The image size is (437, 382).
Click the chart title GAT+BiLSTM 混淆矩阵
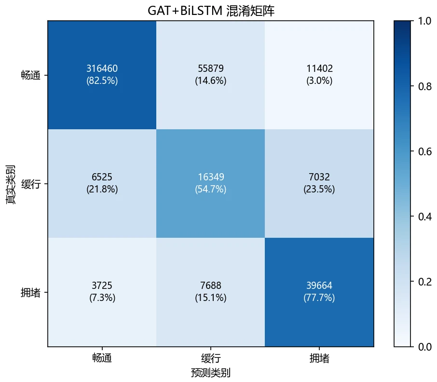pos(211,11)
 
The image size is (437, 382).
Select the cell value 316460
pos(102,68)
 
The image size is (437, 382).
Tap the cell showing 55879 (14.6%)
pos(211,74)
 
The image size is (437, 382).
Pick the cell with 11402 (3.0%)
pos(319,74)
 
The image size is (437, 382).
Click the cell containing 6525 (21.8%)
pos(102,183)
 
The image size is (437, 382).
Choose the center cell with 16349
pos(211,177)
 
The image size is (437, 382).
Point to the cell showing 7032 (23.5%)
pos(319,183)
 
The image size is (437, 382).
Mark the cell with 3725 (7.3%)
pos(102,291)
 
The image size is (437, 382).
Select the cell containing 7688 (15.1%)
pos(211,291)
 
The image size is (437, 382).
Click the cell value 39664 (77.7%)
pos(319,291)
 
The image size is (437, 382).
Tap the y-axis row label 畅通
pos(31,75)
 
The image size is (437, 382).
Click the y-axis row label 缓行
pos(31,184)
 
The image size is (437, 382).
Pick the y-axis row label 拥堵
pos(31,292)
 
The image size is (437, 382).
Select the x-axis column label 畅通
pos(102,358)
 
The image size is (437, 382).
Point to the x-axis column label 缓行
pos(211,358)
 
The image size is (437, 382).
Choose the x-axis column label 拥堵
pos(319,358)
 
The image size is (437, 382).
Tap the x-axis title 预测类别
pos(211,372)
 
